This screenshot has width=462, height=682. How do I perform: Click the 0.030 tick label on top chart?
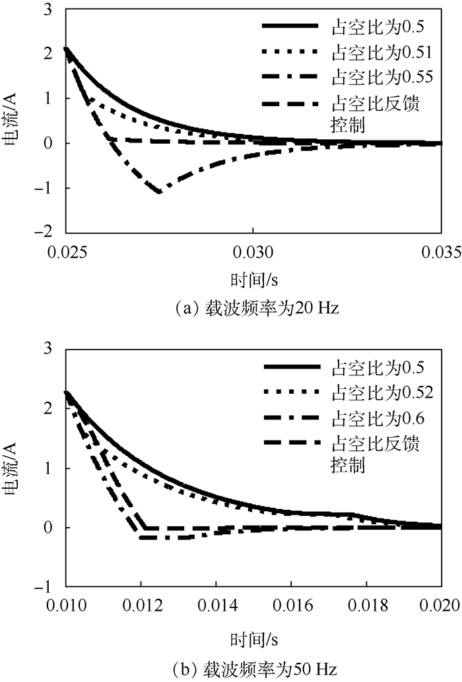point(253,252)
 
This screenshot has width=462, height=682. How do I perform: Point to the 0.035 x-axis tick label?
point(440,252)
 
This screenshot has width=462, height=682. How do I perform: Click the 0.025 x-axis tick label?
point(65,252)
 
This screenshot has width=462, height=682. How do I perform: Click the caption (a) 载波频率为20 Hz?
point(253,307)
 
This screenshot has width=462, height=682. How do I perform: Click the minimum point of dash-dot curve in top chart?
point(160,192)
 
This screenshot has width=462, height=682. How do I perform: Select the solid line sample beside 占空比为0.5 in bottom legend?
point(291,367)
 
